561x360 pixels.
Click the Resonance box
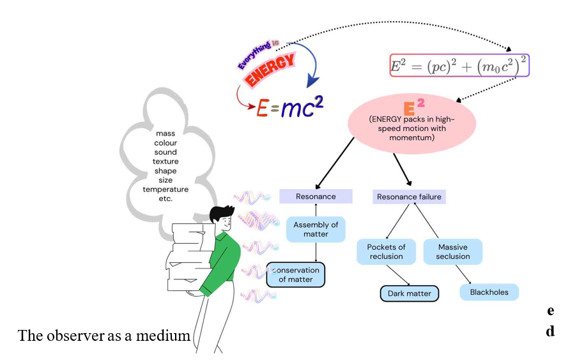pyautogui.click(x=316, y=196)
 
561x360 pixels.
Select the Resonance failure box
pyautogui.click(x=409, y=196)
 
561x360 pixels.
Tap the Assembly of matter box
pyautogui.click(x=316, y=229)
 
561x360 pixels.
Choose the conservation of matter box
pyautogui.click(x=296, y=274)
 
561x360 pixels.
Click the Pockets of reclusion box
pyautogui.click(x=386, y=251)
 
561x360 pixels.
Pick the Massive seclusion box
pyautogui.click(x=453, y=251)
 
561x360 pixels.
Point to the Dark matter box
pyautogui.click(x=409, y=294)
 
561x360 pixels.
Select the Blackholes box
pyautogui.click(x=489, y=292)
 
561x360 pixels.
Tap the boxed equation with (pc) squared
pyautogui.click(x=459, y=65)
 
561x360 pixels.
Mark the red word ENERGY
pyautogui.click(x=270, y=70)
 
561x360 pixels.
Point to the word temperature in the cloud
pyautogui.click(x=165, y=189)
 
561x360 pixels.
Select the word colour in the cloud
pyautogui.click(x=165, y=143)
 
